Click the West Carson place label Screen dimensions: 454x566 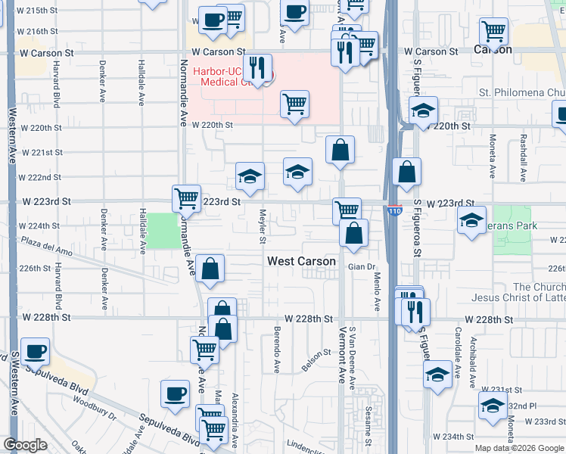click(x=301, y=261)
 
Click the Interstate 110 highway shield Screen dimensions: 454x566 click(x=393, y=211)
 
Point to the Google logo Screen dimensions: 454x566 click(x=26, y=445)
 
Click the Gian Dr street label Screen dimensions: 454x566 click(x=362, y=267)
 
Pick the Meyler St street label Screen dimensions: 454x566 click(x=263, y=226)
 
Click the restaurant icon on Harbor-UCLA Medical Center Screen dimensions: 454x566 click(x=257, y=67)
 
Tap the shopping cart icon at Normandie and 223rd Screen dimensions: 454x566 click(x=186, y=199)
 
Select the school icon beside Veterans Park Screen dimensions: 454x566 click(x=471, y=220)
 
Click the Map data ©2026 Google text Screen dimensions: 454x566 click(x=520, y=448)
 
